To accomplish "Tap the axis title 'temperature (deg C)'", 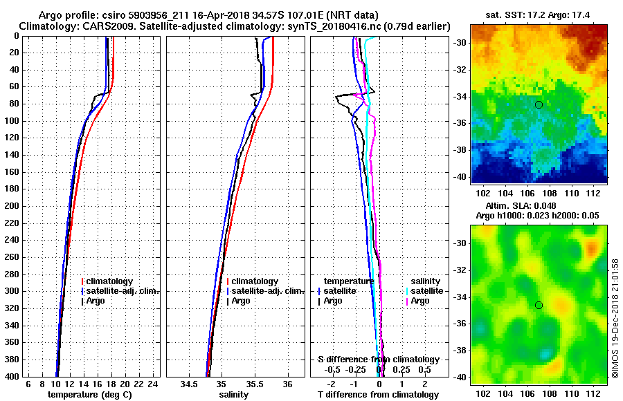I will point(89,394).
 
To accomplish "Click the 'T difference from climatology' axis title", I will point(378,394).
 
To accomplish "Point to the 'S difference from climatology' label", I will point(378,360).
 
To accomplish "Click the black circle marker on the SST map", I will point(539,104).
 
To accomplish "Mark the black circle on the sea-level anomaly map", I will point(539,305).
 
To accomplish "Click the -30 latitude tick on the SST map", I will point(460,43).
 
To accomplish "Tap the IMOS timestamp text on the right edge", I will point(615,318).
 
